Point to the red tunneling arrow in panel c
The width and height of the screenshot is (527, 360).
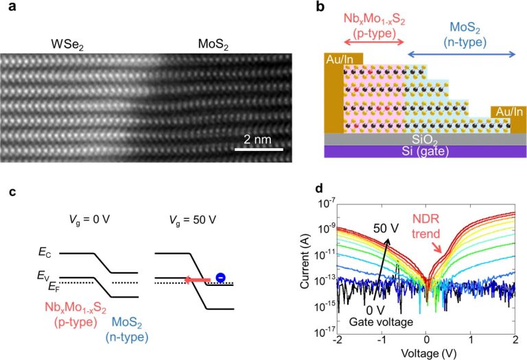tap(200, 280)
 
